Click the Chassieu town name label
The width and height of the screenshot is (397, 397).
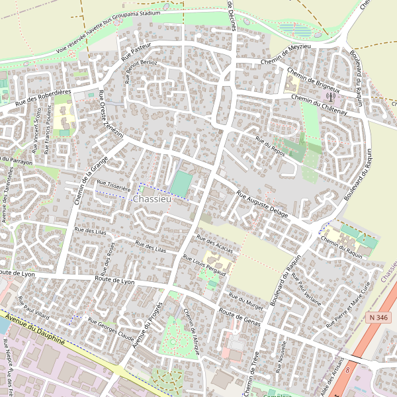tap(152, 199)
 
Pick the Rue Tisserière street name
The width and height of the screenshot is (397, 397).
tap(114, 185)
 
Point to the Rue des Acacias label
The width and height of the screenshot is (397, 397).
tap(215, 243)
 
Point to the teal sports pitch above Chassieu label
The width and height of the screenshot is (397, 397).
tap(180, 183)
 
